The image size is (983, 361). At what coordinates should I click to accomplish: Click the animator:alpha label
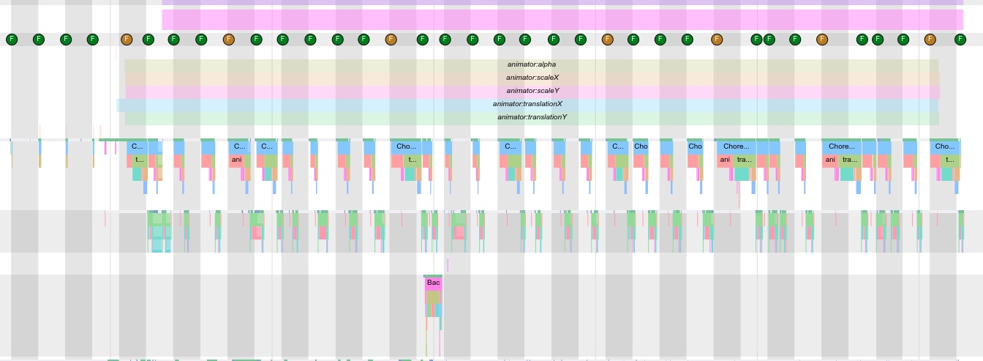click(x=531, y=64)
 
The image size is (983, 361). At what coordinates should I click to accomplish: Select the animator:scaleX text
click(x=532, y=78)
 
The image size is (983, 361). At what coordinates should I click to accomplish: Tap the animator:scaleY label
click(x=532, y=91)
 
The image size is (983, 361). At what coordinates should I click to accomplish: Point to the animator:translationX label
click(x=527, y=104)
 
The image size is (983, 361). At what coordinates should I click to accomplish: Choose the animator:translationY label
click(x=532, y=117)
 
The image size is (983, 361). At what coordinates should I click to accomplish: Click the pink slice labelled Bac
click(x=433, y=283)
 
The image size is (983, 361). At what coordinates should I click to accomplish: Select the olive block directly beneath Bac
click(x=433, y=297)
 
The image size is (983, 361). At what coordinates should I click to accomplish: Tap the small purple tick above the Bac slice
click(x=448, y=264)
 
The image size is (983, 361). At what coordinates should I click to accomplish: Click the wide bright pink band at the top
click(x=562, y=20)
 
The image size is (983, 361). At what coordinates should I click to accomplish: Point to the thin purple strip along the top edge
click(x=562, y=2)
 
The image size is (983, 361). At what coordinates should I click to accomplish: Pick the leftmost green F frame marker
click(x=11, y=39)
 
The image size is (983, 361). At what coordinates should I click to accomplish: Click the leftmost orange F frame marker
click(x=127, y=39)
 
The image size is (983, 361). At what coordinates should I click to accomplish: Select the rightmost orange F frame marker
click(x=930, y=39)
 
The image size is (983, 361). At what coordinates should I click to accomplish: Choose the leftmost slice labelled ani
click(x=236, y=160)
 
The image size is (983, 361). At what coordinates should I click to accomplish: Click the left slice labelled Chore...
click(x=736, y=146)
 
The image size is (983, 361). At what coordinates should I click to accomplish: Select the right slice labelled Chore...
click(x=841, y=146)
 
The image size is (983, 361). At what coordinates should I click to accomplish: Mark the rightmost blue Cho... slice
click(x=945, y=146)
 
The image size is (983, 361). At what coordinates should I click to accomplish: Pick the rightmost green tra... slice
click(x=849, y=160)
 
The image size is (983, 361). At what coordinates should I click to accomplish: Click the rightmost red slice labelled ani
click(x=830, y=160)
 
